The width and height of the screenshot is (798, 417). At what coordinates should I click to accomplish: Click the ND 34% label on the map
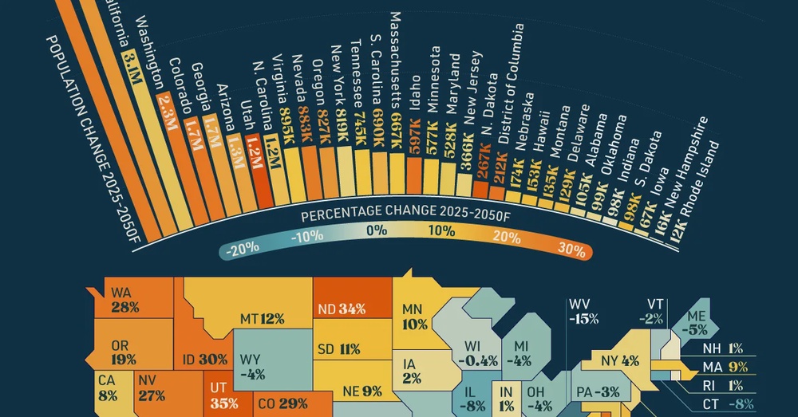click(340, 309)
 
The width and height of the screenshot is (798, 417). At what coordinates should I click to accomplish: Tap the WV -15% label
click(583, 312)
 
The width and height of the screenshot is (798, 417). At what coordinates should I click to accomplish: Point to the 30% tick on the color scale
click(571, 248)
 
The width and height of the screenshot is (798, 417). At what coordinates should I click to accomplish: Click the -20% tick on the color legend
click(241, 248)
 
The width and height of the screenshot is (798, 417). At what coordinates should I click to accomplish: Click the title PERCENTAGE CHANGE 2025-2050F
click(405, 216)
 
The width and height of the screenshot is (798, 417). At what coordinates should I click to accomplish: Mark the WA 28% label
click(125, 300)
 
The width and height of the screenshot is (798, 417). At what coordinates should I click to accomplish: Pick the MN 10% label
click(415, 317)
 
